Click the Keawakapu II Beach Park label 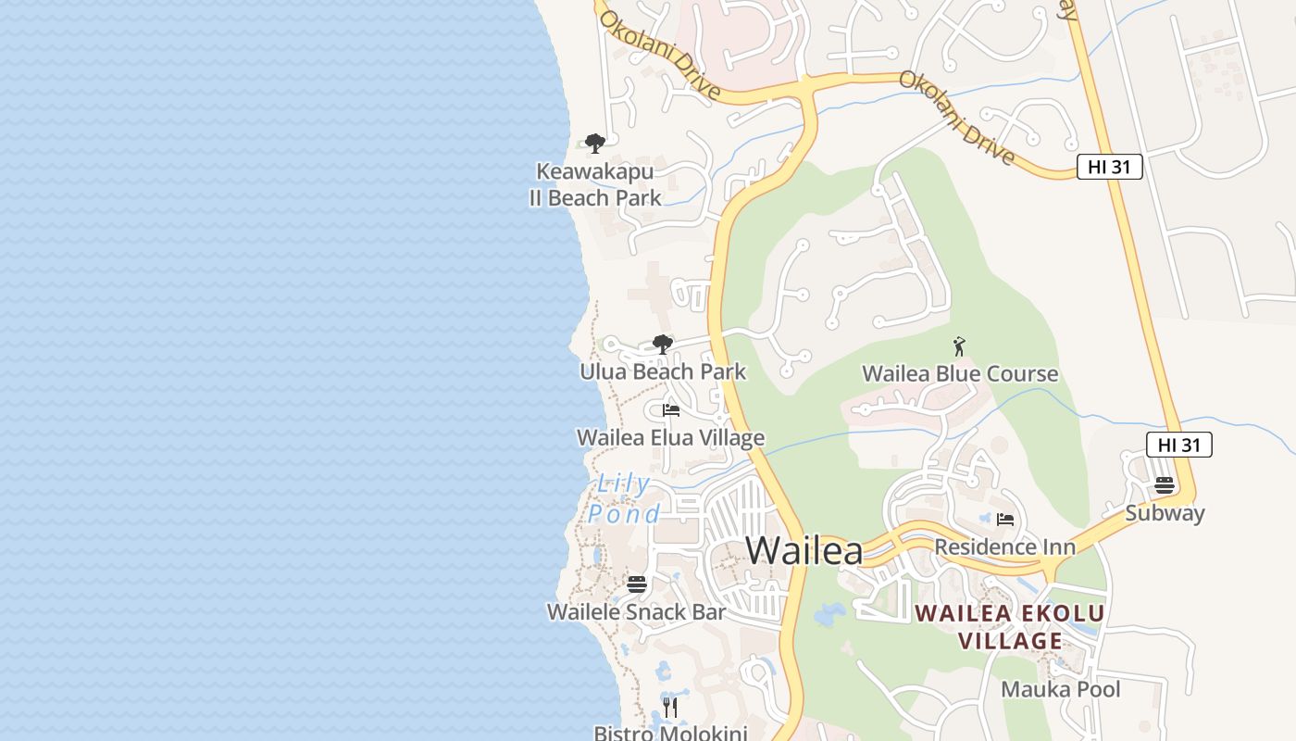[x=595, y=184]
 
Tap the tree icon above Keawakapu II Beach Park [x=595, y=144]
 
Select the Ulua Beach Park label [x=663, y=372]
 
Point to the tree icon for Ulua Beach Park [x=662, y=345]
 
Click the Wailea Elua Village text [x=670, y=438]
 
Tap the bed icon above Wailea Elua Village [x=671, y=410]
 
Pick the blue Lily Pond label [x=625, y=498]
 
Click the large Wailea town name [x=804, y=550]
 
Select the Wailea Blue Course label [x=960, y=374]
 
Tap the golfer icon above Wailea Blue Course [x=959, y=347]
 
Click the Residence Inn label [x=1004, y=546]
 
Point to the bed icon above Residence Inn [x=1006, y=520]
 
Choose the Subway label [x=1165, y=513]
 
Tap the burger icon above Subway [x=1165, y=485]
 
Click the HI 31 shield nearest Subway [x=1178, y=445]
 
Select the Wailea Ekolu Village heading [x=1010, y=627]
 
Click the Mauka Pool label [x=1061, y=689]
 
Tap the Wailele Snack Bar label [x=636, y=612]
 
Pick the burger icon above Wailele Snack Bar [x=636, y=584]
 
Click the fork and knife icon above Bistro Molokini [x=671, y=708]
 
